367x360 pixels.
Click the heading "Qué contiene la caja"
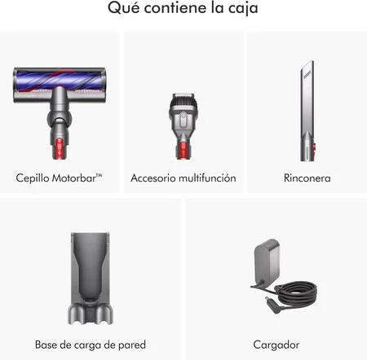point(183,11)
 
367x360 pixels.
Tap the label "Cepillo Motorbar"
point(60,177)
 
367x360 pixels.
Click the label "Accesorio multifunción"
point(183,178)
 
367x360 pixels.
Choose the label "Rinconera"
point(307,178)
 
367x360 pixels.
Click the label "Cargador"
point(276,345)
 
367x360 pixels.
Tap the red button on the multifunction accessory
point(183,150)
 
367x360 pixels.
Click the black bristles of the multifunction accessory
point(183,103)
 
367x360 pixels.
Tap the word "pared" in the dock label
point(131,345)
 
